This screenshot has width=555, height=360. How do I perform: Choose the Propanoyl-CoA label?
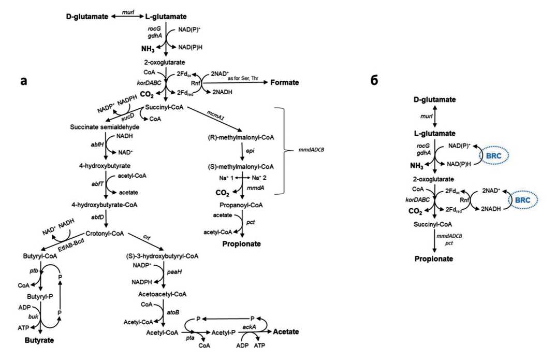pos(241,205)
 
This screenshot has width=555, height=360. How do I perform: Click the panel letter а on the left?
pos(24,81)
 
